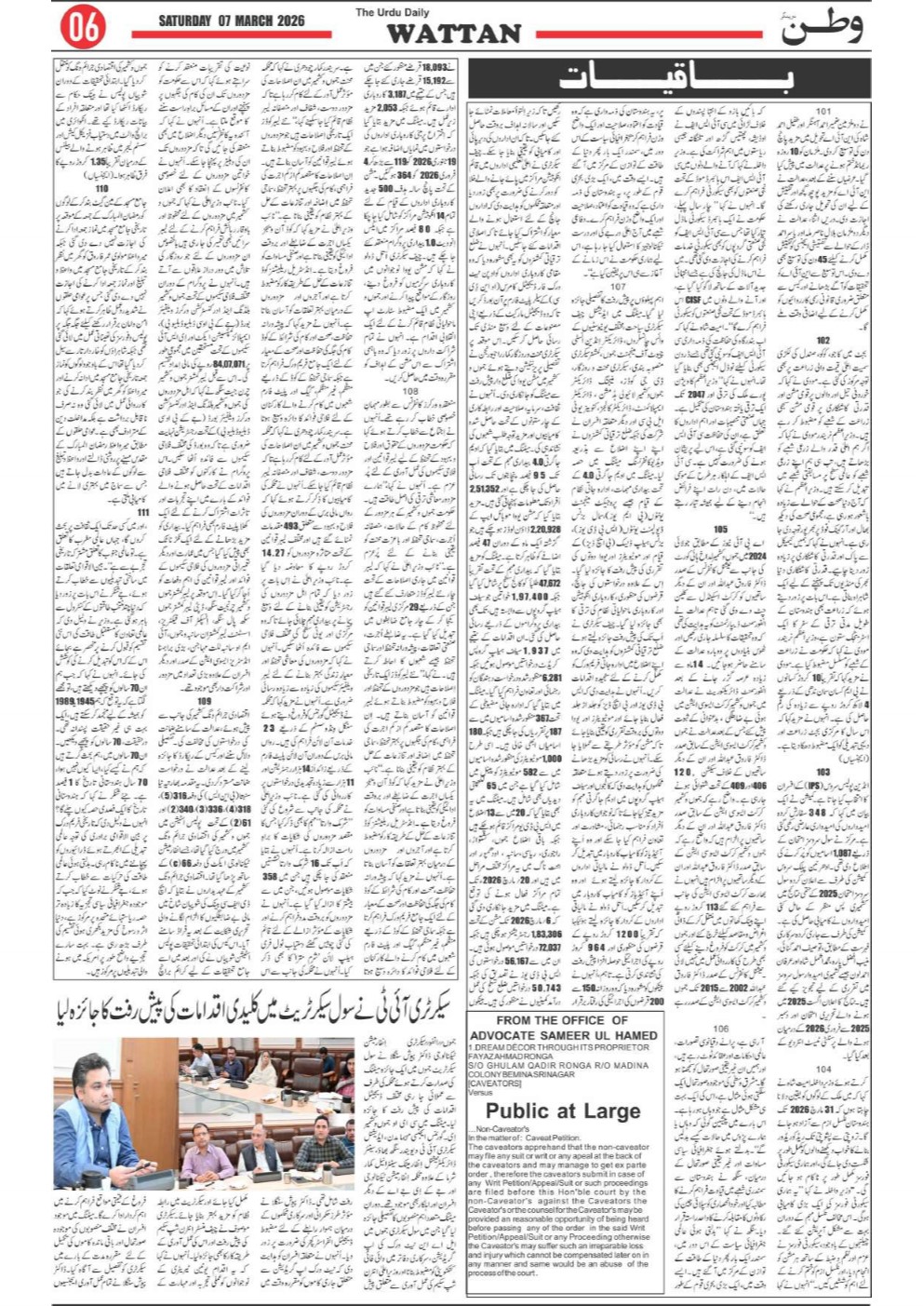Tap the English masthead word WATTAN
point(453,34)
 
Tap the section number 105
point(719,529)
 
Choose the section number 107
point(618,287)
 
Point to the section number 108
point(410,391)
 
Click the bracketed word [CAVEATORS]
point(495,1084)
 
